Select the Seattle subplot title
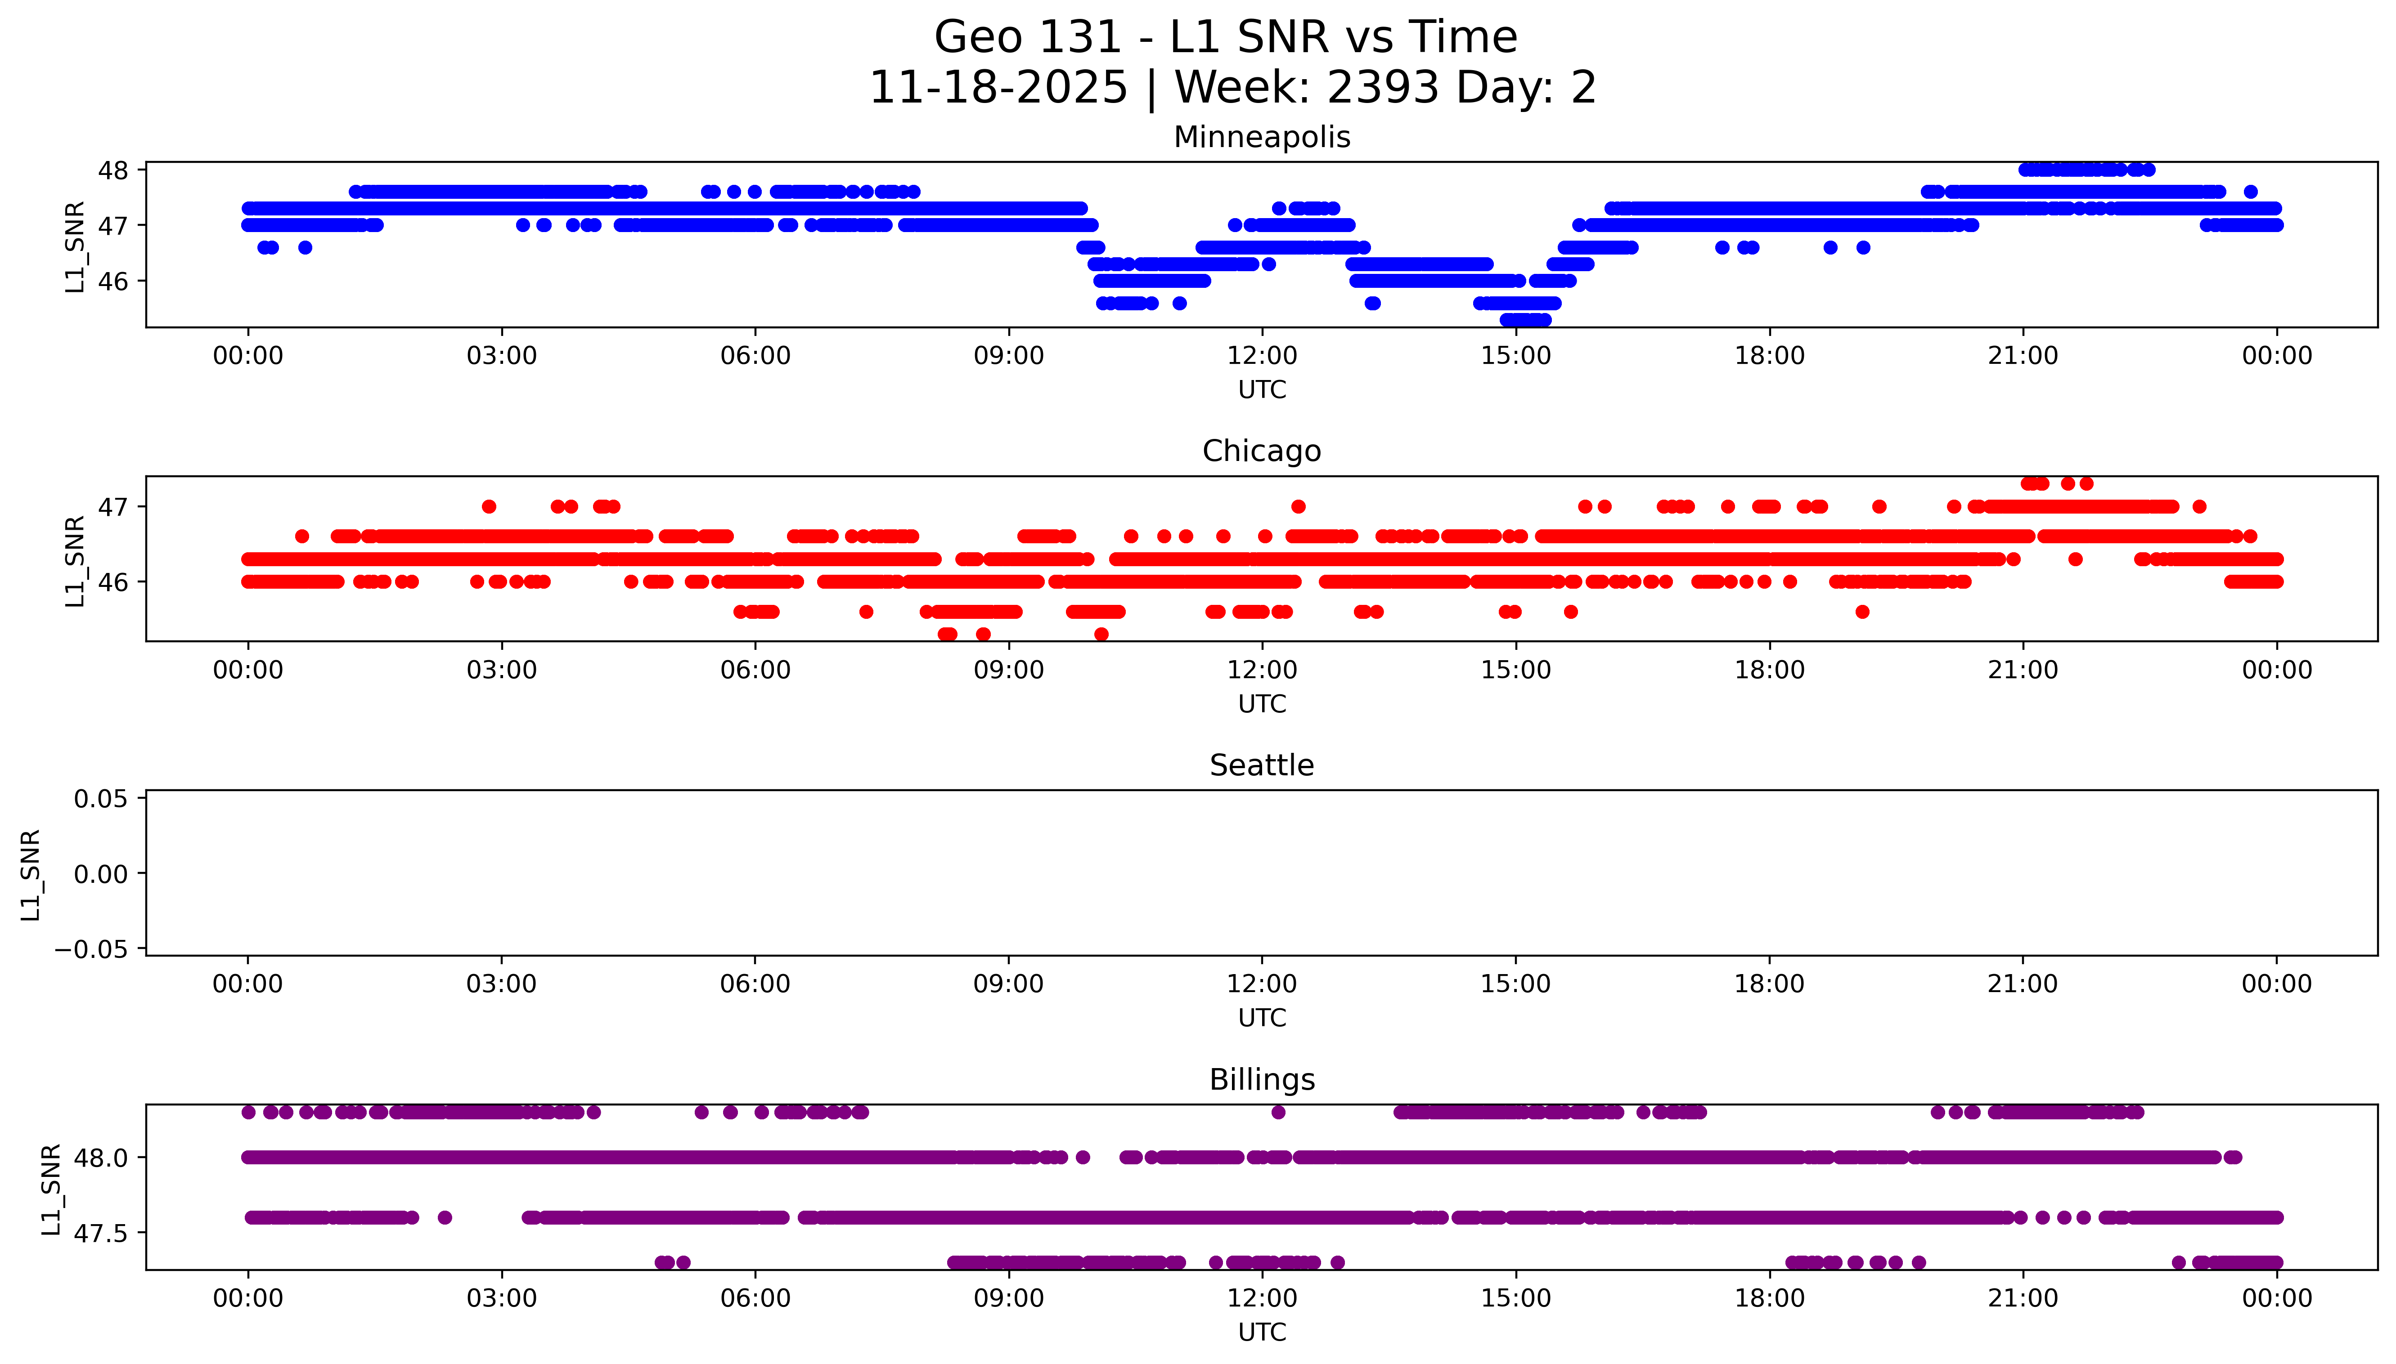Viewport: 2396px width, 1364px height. [1261, 765]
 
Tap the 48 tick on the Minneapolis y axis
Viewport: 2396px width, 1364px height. [113, 170]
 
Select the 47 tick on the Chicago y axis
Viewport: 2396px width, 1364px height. [113, 507]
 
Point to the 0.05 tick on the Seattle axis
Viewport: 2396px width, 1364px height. [101, 799]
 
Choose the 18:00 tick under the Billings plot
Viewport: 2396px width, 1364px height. [1769, 1298]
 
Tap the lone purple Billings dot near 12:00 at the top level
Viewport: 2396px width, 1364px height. [1278, 1112]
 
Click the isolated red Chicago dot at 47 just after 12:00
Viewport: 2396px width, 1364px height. [1298, 507]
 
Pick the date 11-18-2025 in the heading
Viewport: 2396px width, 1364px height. [999, 88]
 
